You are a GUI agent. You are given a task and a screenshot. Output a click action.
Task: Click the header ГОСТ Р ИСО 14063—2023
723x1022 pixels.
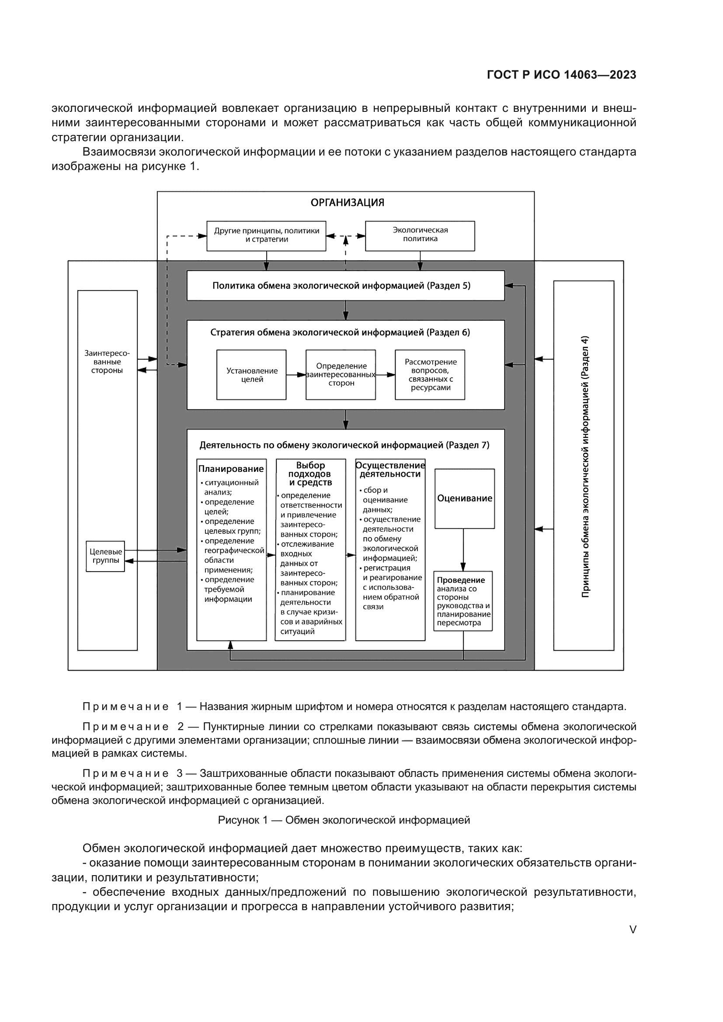click(x=561, y=75)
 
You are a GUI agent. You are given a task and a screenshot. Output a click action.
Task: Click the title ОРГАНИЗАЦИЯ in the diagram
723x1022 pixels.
click(x=347, y=203)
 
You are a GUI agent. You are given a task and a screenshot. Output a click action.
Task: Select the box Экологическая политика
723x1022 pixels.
click(x=420, y=235)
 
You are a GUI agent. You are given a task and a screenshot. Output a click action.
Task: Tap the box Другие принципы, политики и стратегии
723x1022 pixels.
click(x=266, y=235)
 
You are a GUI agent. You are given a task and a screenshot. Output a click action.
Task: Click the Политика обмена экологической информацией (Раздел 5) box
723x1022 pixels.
click(x=345, y=286)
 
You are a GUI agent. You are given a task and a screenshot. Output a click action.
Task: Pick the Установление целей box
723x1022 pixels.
click(x=251, y=375)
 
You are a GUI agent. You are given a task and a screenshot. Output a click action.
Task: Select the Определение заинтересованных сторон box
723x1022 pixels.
click(x=341, y=375)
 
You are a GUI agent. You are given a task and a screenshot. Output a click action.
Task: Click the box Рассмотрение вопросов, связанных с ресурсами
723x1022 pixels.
click(x=430, y=375)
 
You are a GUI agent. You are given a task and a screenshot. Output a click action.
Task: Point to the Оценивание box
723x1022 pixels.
click(x=464, y=499)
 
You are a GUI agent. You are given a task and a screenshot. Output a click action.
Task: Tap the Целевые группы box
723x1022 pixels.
click(x=105, y=556)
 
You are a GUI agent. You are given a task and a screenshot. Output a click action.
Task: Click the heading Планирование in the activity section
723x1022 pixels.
click(x=231, y=469)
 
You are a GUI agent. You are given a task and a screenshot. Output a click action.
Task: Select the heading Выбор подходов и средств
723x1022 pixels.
click(x=310, y=474)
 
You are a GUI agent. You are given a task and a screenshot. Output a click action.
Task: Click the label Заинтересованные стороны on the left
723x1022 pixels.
click(x=107, y=362)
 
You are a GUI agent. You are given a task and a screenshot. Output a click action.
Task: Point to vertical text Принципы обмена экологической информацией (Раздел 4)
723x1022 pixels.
click(x=585, y=467)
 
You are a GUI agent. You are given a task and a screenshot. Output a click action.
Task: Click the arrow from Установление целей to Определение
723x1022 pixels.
click(x=295, y=375)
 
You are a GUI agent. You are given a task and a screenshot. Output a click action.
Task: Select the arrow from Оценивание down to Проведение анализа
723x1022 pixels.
click(x=463, y=550)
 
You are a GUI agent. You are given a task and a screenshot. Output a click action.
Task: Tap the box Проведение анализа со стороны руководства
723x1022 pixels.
click(x=463, y=601)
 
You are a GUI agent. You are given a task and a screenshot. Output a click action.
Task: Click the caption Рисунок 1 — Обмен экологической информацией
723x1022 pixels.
click(x=344, y=820)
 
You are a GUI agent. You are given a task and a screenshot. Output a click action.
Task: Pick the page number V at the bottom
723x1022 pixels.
click(x=633, y=929)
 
